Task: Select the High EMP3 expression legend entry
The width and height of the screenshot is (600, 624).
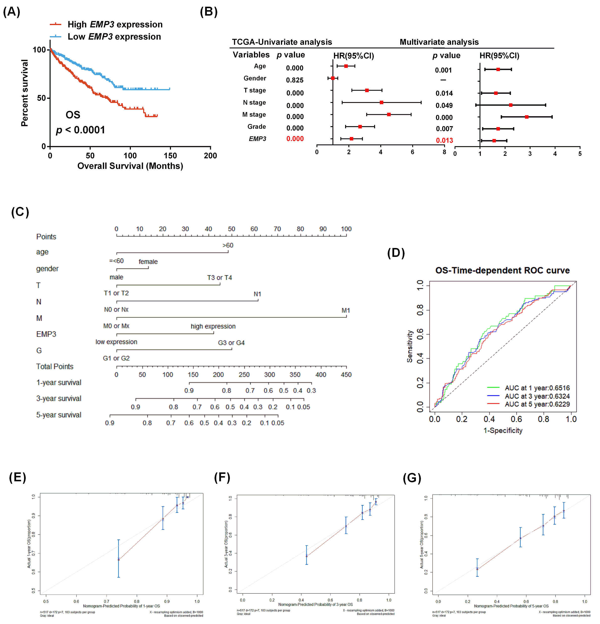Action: (x=115, y=25)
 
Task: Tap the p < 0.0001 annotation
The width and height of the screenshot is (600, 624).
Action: (x=80, y=130)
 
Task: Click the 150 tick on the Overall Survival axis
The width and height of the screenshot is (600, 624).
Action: (x=170, y=155)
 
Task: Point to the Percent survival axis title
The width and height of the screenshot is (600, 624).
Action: (x=25, y=93)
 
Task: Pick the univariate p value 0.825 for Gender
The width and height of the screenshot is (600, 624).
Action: (x=295, y=80)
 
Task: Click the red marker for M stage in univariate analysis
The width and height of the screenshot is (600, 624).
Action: (x=389, y=114)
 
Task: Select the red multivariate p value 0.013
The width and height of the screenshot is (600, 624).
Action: (x=444, y=140)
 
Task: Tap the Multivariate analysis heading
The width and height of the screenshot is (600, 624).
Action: (x=439, y=42)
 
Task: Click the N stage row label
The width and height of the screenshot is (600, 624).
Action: (x=254, y=103)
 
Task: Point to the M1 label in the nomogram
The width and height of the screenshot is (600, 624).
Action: (x=346, y=310)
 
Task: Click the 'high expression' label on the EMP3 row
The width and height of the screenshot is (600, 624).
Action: (x=213, y=326)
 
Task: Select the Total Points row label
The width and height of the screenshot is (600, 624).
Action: (x=55, y=366)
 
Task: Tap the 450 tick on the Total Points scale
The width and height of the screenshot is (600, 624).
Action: (x=346, y=375)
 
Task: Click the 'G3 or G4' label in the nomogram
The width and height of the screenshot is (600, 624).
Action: (x=231, y=343)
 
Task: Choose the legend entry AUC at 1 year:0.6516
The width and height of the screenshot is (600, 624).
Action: (x=537, y=388)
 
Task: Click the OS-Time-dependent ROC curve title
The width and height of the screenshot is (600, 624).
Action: (x=502, y=270)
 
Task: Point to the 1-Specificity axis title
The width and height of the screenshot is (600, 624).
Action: (x=503, y=431)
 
